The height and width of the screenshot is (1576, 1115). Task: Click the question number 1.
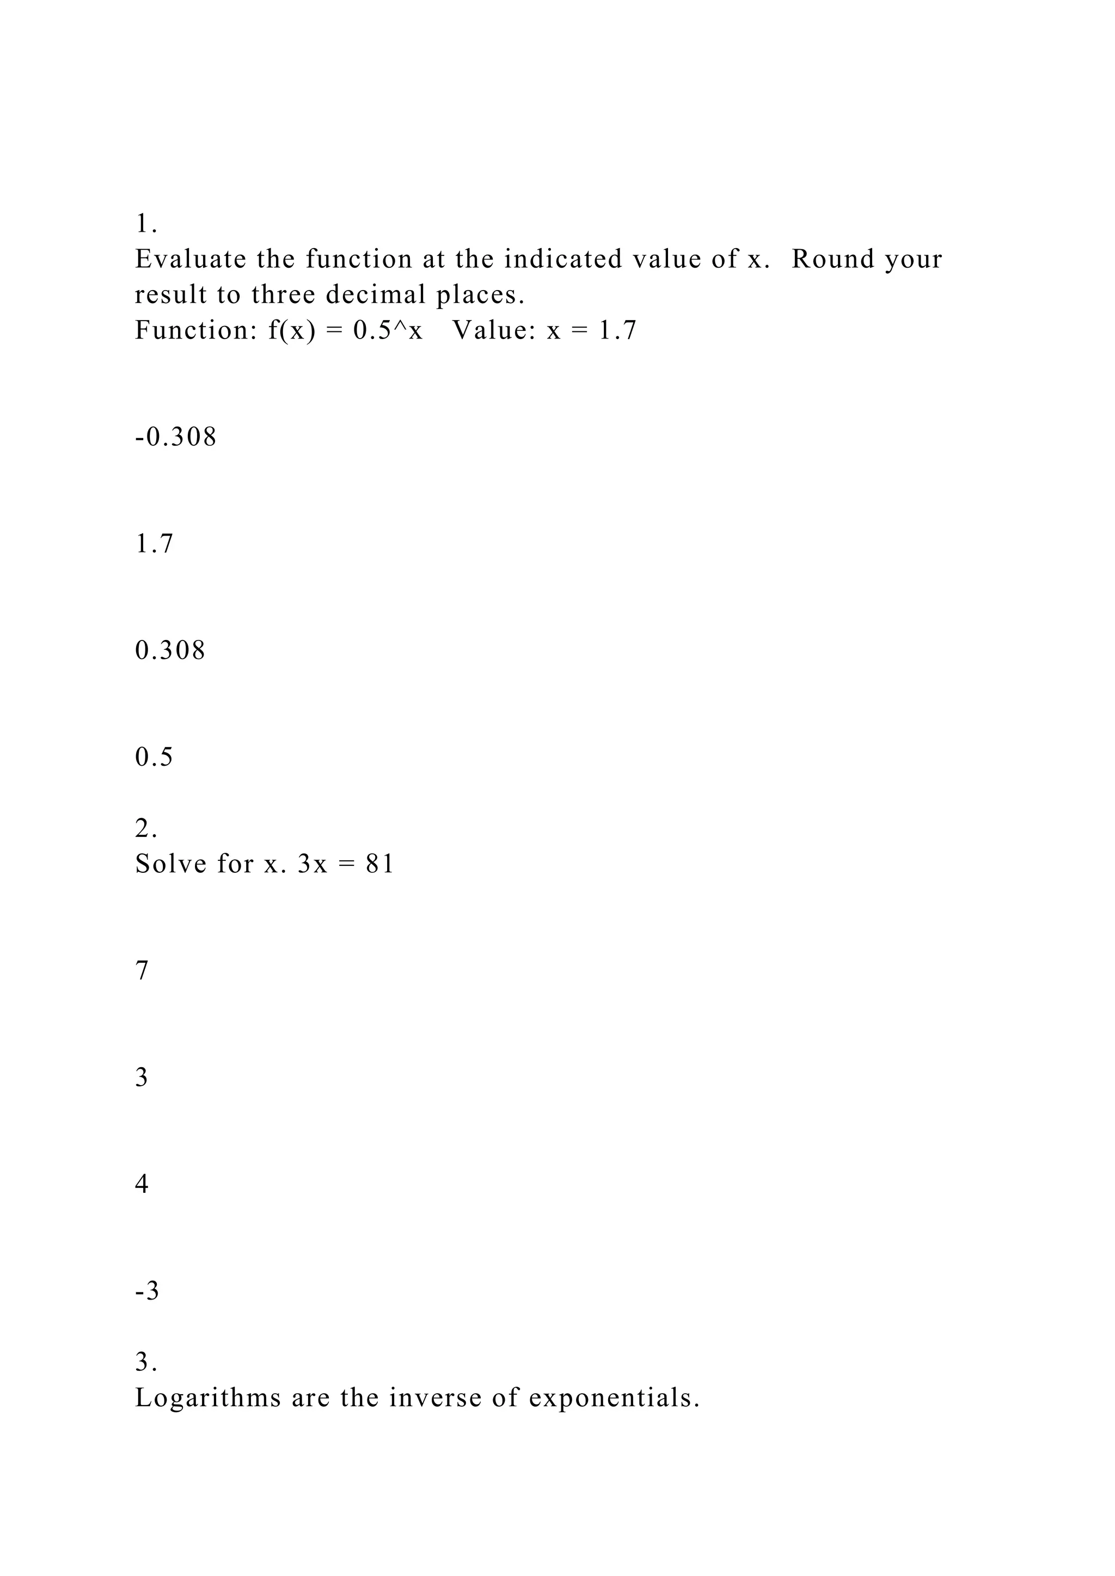(145, 224)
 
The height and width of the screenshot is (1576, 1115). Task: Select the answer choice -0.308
(176, 437)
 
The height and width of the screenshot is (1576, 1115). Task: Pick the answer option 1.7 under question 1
(155, 544)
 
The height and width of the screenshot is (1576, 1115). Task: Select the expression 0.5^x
(388, 330)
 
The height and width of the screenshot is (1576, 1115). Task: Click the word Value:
(494, 331)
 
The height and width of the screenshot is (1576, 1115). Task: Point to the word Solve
(171, 864)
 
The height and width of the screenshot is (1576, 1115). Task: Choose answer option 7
(142, 971)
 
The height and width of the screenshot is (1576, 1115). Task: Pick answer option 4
(142, 1184)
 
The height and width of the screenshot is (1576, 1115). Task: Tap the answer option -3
(147, 1291)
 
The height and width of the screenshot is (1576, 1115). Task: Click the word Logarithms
(208, 1398)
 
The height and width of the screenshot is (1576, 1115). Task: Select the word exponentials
(615, 1398)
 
